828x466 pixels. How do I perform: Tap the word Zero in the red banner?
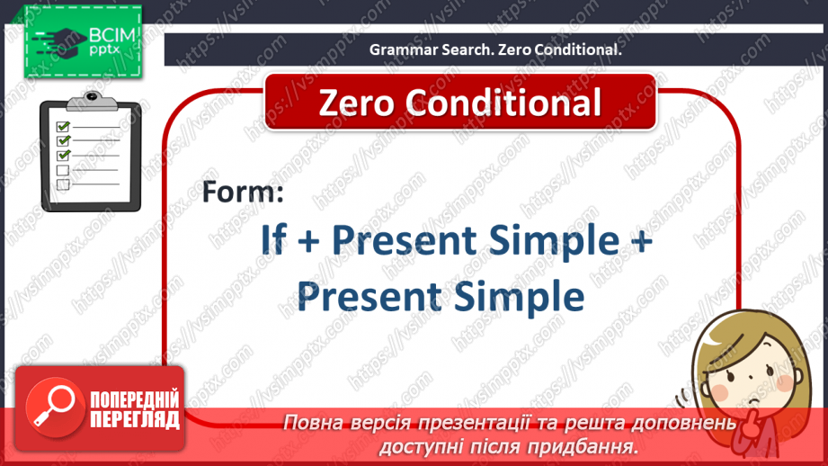click(356, 103)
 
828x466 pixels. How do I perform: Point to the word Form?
click(243, 192)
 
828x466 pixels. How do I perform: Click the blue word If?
click(273, 240)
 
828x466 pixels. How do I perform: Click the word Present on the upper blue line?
click(404, 240)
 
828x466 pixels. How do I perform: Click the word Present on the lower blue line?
click(369, 296)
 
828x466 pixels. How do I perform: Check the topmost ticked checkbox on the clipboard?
click(63, 126)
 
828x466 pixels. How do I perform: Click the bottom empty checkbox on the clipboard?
click(63, 184)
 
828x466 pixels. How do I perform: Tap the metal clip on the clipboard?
click(92, 101)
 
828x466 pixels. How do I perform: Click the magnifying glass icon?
click(54, 407)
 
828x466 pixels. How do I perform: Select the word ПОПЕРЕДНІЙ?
click(135, 400)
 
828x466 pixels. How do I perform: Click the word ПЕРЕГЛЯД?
click(135, 419)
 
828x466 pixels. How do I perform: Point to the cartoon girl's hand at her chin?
click(752, 425)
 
